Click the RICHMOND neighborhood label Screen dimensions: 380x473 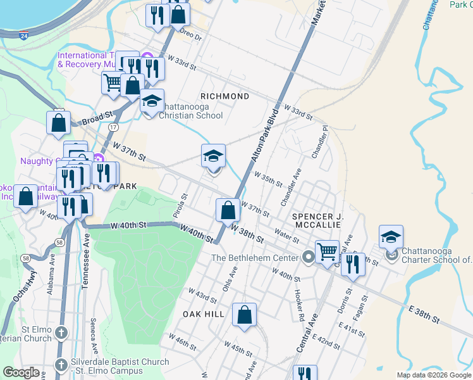(x=224, y=96)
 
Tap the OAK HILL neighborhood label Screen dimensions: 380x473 (x=204, y=314)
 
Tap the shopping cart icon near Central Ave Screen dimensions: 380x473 (x=327, y=251)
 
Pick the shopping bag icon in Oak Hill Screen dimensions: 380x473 (x=244, y=315)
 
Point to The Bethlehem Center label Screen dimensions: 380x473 (x=255, y=258)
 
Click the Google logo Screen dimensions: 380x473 (x=21, y=372)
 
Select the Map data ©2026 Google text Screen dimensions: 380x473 (x=433, y=375)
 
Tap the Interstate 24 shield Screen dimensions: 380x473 (x=23, y=37)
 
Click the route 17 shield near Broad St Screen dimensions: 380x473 (x=113, y=127)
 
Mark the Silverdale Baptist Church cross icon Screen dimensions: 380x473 (x=61, y=365)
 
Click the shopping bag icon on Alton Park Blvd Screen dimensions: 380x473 (x=228, y=209)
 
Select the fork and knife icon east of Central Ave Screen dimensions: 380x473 (x=352, y=263)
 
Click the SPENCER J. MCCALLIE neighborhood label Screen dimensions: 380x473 (x=317, y=220)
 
